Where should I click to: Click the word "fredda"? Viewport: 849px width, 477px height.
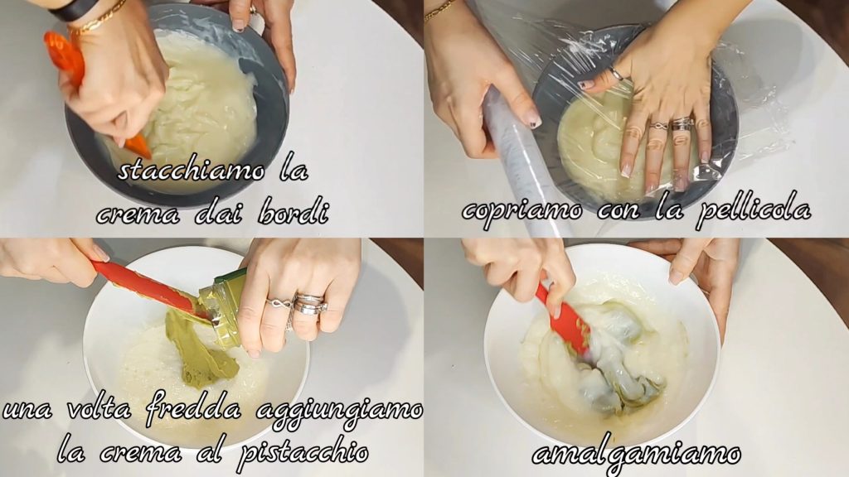(193, 409)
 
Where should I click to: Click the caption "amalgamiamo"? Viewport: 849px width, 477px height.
(636, 453)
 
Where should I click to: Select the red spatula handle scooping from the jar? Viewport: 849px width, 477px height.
(144, 287)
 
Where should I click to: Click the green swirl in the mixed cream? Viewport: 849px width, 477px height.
(623, 368)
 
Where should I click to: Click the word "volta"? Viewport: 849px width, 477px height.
(99, 409)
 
